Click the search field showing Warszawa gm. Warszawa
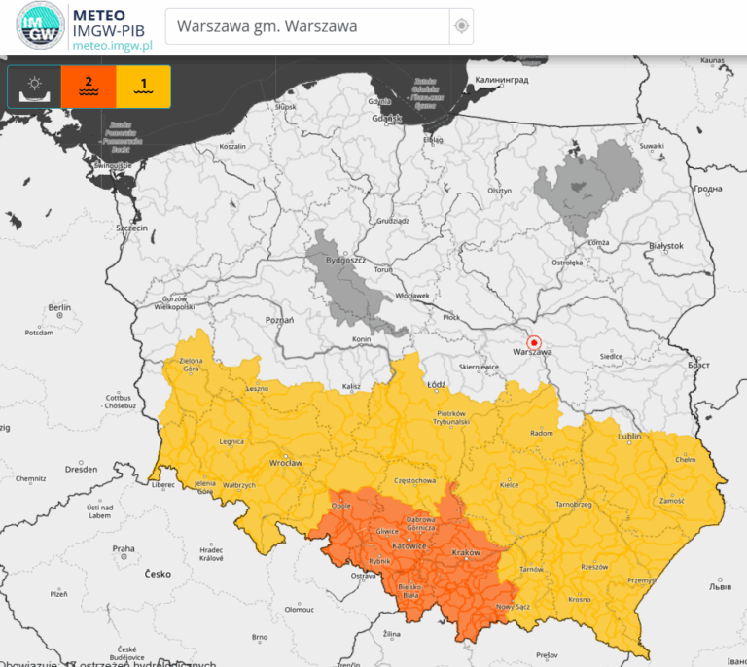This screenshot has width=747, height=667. click(306, 26)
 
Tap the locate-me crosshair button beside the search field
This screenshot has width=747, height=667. click(462, 26)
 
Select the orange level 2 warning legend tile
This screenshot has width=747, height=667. click(89, 87)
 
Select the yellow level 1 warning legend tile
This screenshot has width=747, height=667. click(143, 87)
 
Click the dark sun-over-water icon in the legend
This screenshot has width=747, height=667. click(34, 87)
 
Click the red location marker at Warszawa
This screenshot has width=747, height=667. click(533, 341)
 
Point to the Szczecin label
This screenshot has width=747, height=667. click(130, 228)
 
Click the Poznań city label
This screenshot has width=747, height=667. click(279, 319)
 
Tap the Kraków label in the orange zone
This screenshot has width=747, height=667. click(467, 552)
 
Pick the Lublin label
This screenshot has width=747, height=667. click(629, 437)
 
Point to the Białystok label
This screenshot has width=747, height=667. click(667, 246)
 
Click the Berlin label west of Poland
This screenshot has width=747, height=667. click(59, 308)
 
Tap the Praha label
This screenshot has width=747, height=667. click(123, 548)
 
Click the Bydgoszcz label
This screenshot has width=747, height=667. click(344, 262)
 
